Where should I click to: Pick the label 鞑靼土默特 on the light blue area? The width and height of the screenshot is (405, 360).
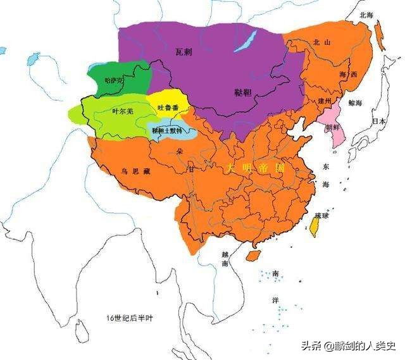tap(167, 130)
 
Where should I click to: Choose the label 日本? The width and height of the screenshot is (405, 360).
tap(379, 121)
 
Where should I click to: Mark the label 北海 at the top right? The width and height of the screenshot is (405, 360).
tap(366, 14)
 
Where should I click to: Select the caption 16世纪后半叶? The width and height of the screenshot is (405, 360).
tap(130, 318)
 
